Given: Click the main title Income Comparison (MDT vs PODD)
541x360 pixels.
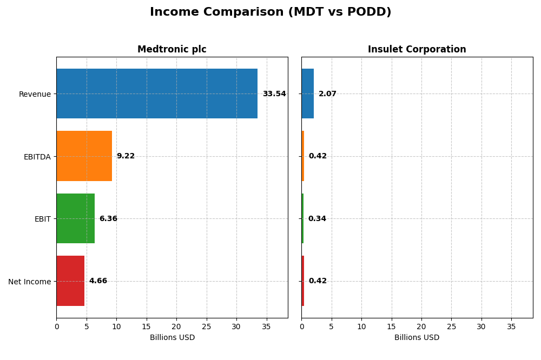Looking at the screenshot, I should pyautogui.click(x=270, y=12).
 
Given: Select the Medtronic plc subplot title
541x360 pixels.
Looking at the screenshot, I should pyautogui.click(x=171, y=49).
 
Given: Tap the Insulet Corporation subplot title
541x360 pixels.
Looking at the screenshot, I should pyautogui.click(x=417, y=49).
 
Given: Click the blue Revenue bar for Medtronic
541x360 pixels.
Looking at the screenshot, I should pyautogui.click(x=157, y=94).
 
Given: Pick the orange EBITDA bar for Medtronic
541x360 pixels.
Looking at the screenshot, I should pyautogui.click(x=84, y=156).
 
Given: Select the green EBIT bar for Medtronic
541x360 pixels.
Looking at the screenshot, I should pyautogui.click(x=75, y=218).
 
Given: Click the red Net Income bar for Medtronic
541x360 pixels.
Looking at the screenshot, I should pyautogui.click(x=70, y=281).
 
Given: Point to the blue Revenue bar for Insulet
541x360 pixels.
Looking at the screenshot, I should pyautogui.click(x=307, y=94).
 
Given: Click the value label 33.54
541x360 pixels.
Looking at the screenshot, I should pyautogui.click(x=274, y=94).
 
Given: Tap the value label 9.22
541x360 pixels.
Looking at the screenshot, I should pyautogui.click(x=126, y=156).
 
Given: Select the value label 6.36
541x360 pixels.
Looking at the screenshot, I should pyautogui.click(x=108, y=219).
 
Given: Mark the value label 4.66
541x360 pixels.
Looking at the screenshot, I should pyautogui.click(x=98, y=281).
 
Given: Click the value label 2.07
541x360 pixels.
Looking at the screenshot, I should pyautogui.click(x=327, y=94).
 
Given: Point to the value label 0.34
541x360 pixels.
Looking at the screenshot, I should pyautogui.click(x=317, y=219).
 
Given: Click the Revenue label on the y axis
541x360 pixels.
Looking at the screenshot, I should pyautogui.click(x=35, y=94).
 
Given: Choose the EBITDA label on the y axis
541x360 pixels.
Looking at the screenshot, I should pyautogui.click(x=37, y=157).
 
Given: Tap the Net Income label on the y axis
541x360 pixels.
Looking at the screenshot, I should pyautogui.click(x=29, y=282).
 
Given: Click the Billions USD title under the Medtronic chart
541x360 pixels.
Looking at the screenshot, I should pyautogui.click(x=172, y=338).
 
